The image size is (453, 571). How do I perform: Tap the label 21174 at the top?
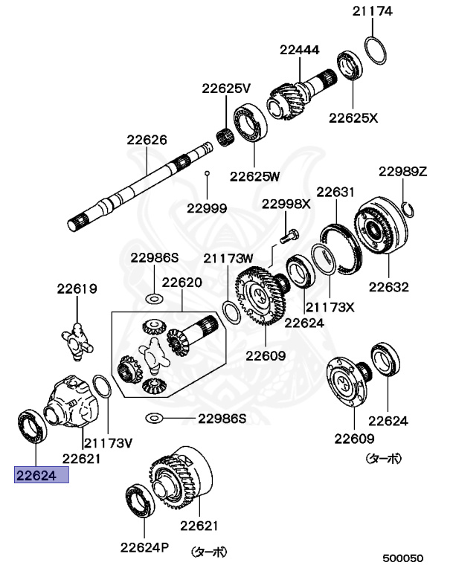(373, 11)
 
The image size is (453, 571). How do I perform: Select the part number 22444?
(299, 51)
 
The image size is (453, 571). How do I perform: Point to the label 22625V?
(226, 88)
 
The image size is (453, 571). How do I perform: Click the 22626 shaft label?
(147, 139)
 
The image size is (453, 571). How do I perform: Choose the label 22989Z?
(402, 171)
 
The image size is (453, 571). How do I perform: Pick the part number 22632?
(389, 285)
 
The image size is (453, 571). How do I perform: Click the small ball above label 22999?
(208, 174)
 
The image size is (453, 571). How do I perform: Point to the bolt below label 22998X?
(289, 236)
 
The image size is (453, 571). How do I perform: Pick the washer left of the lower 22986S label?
(155, 418)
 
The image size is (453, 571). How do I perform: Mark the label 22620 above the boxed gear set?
(182, 283)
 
